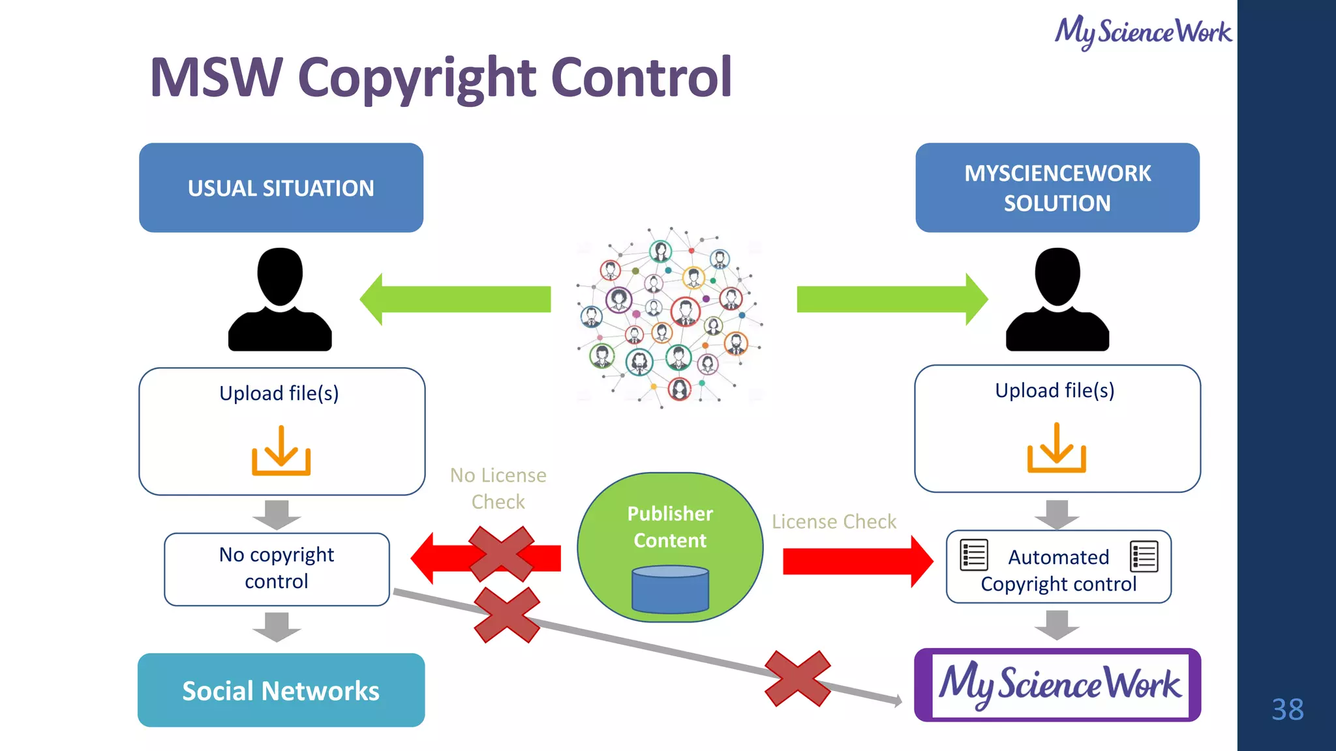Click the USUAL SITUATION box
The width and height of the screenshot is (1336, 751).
(281, 188)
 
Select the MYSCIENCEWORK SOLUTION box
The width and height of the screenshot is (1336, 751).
(1057, 188)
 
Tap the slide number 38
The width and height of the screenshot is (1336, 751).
(1287, 709)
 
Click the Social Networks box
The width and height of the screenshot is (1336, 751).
(281, 690)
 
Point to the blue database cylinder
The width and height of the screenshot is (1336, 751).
(670, 589)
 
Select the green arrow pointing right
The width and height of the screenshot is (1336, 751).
(891, 299)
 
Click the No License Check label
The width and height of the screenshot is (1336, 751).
(498, 488)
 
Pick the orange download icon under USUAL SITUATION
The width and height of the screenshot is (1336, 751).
(281, 451)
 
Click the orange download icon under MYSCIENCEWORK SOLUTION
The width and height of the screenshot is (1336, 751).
(1056, 449)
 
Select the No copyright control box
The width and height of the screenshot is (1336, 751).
(277, 568)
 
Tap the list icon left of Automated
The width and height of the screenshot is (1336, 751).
(974, 555)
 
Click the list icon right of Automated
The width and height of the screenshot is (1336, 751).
(1144, 556)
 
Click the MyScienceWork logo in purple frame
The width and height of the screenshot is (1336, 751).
(1057, 685)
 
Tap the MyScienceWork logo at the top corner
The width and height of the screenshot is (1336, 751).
(1143, 31)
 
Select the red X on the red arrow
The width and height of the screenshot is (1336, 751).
(501, 554)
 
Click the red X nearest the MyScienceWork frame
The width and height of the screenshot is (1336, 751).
(797, 679)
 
